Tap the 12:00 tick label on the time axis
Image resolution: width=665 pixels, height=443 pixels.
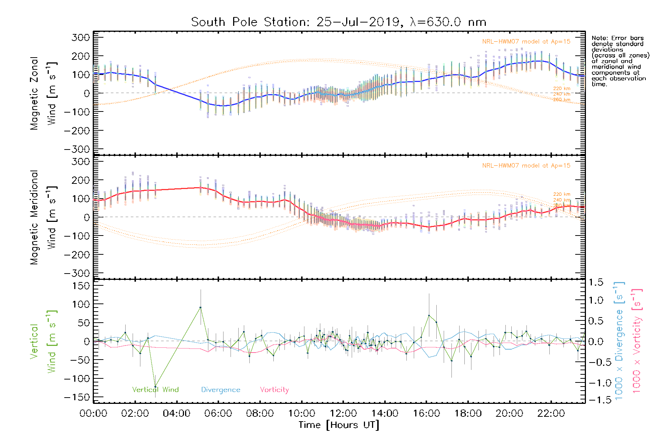pyautogui.click(x=343, y=413)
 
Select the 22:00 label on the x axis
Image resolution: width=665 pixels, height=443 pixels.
pyautogui.click(x=551, y=413)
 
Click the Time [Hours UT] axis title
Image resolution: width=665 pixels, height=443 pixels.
pyautogui.click(x=339, y=425)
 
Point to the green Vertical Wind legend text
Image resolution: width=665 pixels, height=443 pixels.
pyautogui.click(x=156, y=390)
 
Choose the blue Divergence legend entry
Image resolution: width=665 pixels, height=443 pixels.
pyautogui.click(x=221, y=390)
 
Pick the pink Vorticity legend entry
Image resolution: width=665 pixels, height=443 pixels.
pyautogui.click(x=274, y=390)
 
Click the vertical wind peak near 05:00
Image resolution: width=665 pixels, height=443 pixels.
pyautogui.click(x=201, y=307)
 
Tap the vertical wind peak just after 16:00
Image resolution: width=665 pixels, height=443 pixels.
pyautogui.click(x=429, y=315)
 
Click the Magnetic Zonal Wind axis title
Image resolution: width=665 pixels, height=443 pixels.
pyautogui.click(x=43, y=93)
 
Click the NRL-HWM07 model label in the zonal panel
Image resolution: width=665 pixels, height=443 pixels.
pyautogui.click(x=526, y=42)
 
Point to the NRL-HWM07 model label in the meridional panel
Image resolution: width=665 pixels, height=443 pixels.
pyautogui.click(x=526, y=166)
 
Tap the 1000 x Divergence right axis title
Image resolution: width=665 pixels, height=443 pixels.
pyautogui.click(x=619, y=341)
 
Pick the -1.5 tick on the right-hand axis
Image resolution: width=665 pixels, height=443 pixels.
pyautogui.click(x=596, y=400)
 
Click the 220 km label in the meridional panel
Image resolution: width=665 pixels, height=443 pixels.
pyautogui.click(x=562, y=194)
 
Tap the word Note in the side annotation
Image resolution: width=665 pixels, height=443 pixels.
pyautogui.click(x=599, y=38)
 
